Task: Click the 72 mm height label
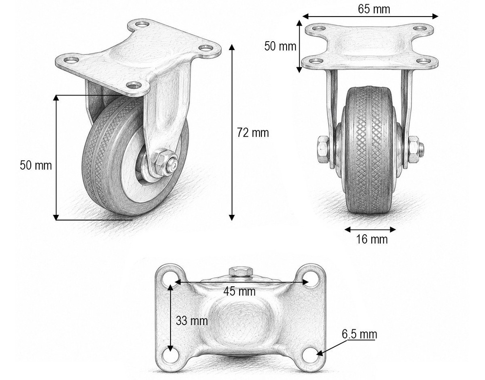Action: pyautogui.click(x=253, y=133)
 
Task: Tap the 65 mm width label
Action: pyautogui.click(x=374, y=9)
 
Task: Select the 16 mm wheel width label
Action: pyautogui.click(x=371, y=239)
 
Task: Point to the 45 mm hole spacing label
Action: pyautogui.click(x=239, y=291)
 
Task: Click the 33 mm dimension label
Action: pyautogui.click(x=192, y=321)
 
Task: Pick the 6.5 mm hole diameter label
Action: pyautogui.click(x=359, y=334)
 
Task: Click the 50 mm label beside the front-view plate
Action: pyautogui.click(x=280, y=46)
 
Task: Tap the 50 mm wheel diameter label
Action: pyautogui.click(x=36, y=165)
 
